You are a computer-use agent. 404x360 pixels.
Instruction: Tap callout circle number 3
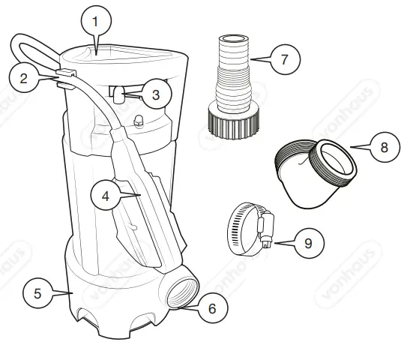[x=154, y=94]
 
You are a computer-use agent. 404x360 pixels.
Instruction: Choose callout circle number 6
[x=212, y=307]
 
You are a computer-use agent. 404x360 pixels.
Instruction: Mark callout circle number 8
[x=384, y=147]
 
